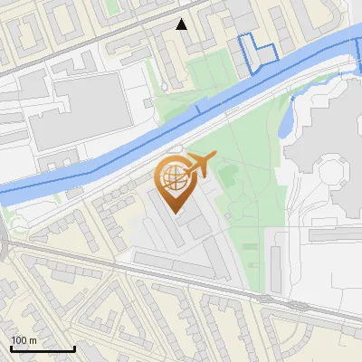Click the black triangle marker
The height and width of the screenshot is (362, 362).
(x=182, y=24)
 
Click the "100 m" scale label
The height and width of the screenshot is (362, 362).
(x=24, y=340)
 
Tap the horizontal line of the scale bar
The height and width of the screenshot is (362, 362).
(x=43, y=348)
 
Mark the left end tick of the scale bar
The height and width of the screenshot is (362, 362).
(x=11, y=347)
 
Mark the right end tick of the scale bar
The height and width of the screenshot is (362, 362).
(x=74, y=347)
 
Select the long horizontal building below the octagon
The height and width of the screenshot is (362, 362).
(x=335, y=234)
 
